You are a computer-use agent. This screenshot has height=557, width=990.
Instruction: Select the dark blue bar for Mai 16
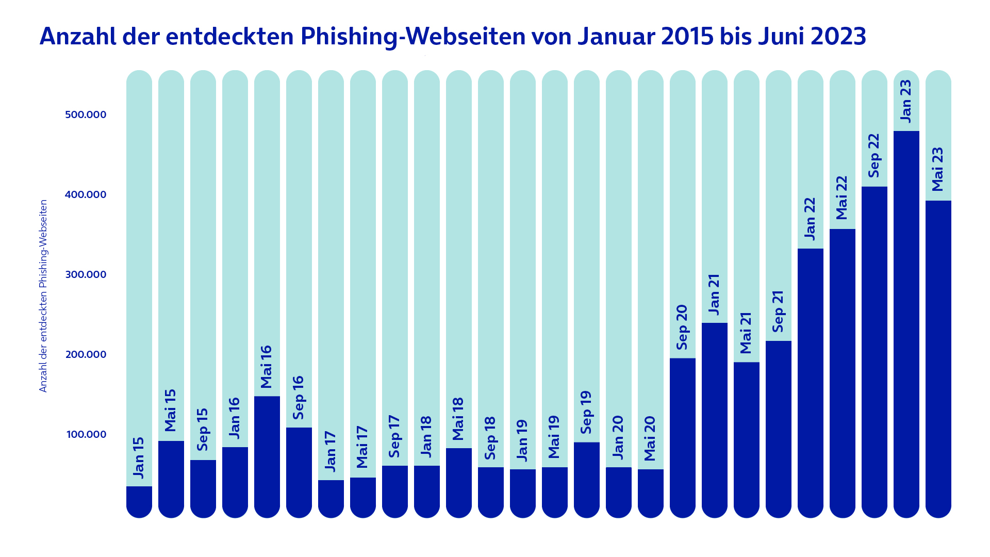pos(267,456)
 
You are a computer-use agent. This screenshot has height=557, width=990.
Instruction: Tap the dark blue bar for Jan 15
pos(139,501)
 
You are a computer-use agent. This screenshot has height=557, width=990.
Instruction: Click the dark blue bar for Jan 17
pos(331,498)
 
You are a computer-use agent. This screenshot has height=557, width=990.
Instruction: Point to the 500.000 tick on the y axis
pos(86,114)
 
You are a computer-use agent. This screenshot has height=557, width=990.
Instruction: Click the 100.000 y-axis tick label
pos(86,434)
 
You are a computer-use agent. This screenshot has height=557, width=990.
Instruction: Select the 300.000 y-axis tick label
pos(86,274)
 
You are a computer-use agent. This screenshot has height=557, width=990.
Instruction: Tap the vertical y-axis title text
pos(43,296)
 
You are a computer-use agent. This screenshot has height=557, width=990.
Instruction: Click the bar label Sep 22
pos(874,155)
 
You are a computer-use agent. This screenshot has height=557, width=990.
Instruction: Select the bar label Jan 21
pos(714,294)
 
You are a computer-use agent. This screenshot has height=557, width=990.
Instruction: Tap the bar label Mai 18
pos(458,419)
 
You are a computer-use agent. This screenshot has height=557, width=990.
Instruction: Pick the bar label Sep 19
pos(586,413)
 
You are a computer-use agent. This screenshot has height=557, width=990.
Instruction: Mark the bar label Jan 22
pos(810,219)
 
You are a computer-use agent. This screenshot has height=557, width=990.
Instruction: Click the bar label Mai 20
pos(650,438)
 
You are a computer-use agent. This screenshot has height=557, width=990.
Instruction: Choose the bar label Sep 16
pos(299,398)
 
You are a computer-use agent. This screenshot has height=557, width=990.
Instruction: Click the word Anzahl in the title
pos(78,37)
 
